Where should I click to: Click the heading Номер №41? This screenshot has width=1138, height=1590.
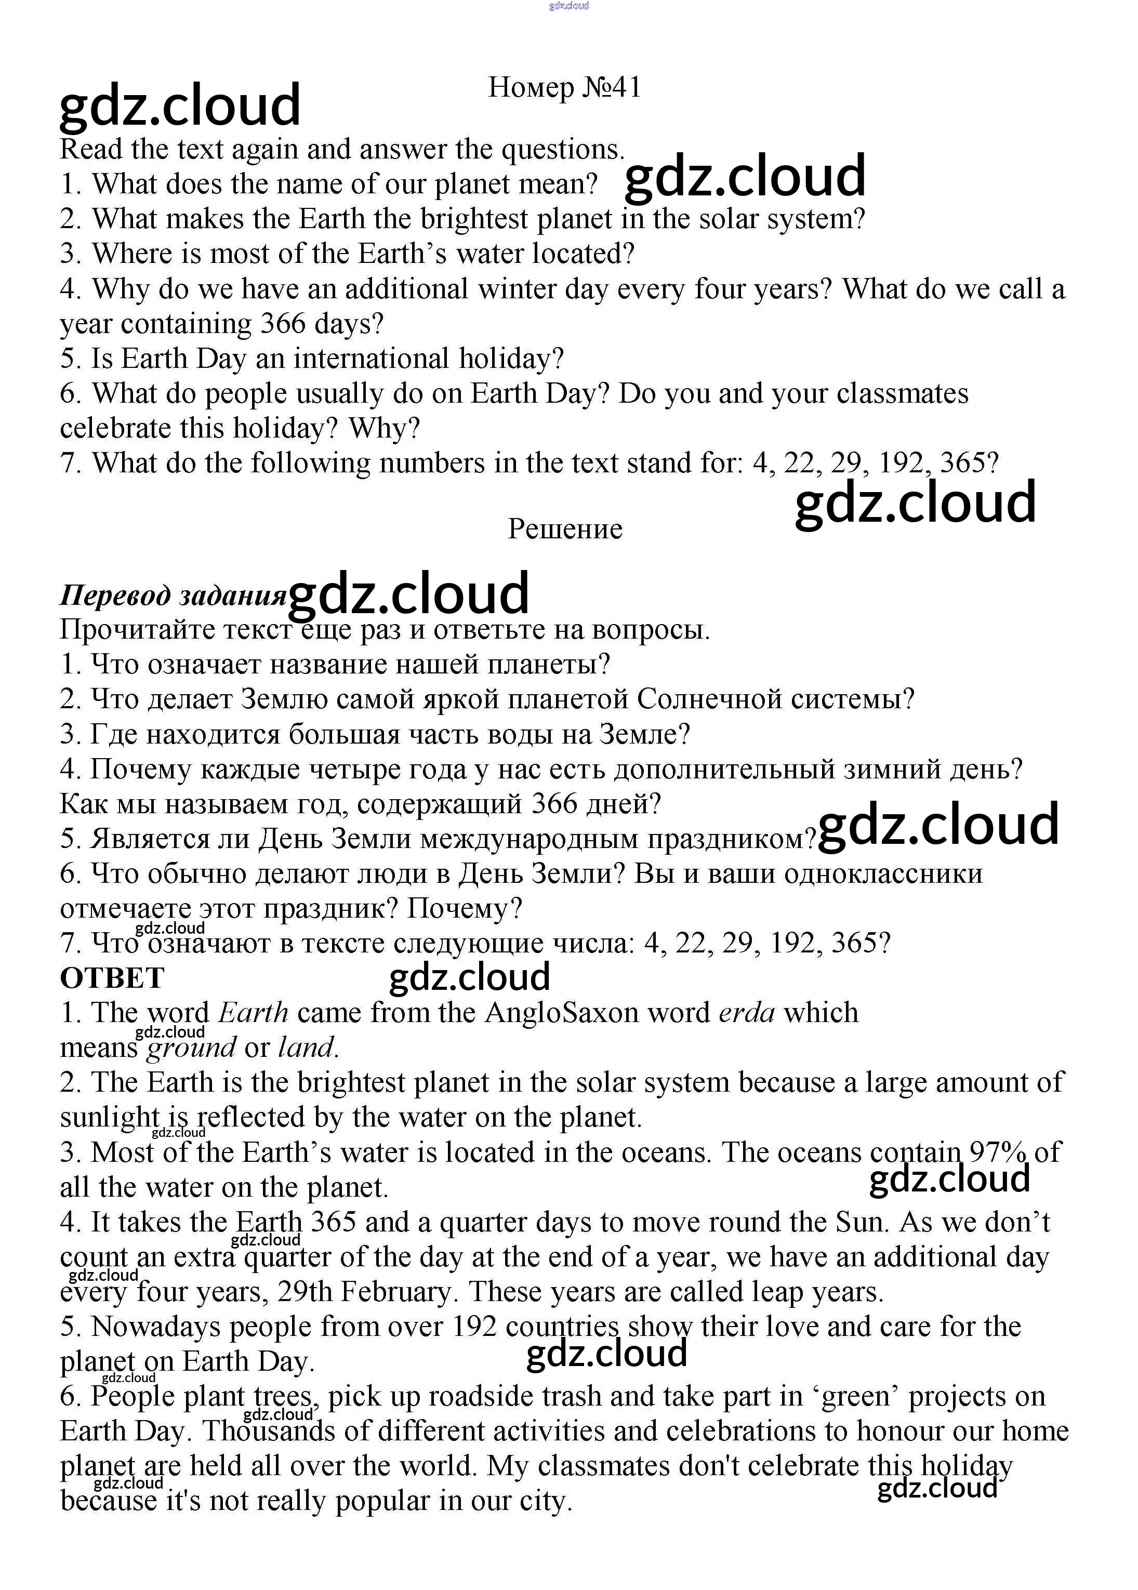coord(564,88)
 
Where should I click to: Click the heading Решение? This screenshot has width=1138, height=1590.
coord(565,528)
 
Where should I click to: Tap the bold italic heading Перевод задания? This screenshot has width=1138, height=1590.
coord(173,595)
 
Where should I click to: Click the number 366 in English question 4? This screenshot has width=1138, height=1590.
coord(283,324)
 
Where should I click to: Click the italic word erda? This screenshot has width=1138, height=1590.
coord(747,1013)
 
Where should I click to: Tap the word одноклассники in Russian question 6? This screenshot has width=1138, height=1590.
coord(883,874)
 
